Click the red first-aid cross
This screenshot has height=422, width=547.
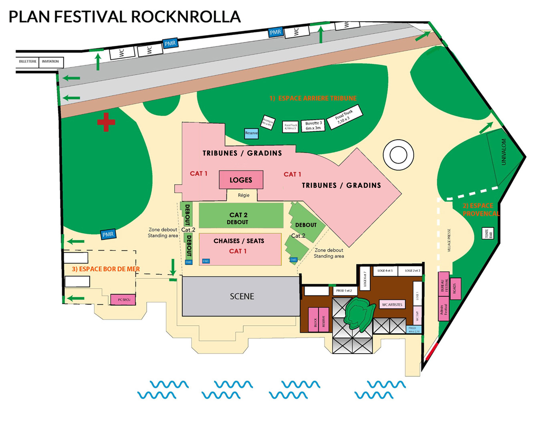point(106,122)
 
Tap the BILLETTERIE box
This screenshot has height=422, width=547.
point(28,61)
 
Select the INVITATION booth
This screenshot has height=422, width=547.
point(50,61)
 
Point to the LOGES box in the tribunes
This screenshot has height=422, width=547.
point(241,180)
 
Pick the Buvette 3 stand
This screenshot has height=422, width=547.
point(313,126)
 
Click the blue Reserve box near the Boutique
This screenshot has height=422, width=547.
point(251,133)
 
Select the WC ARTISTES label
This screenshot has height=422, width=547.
point(392,305)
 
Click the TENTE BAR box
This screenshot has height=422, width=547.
point(488,234)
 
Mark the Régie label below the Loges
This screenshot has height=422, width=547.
point(243,195)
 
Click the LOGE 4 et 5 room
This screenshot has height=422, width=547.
point(385,271)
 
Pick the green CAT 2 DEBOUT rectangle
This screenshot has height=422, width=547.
point(241,215)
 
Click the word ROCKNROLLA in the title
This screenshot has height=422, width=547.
point(186,17)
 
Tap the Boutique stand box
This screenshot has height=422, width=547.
point(268,122)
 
